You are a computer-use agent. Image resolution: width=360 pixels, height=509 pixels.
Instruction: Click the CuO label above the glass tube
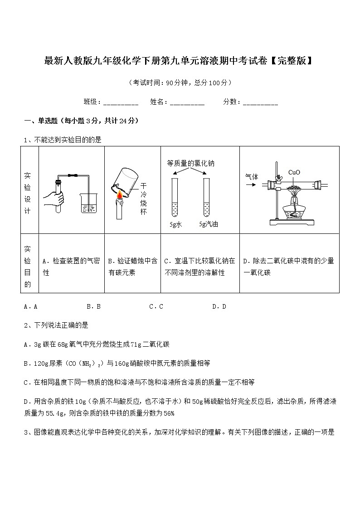294,172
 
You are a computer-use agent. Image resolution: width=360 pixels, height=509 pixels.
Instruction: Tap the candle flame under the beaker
120,195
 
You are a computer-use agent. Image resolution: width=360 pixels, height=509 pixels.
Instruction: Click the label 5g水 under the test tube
175,224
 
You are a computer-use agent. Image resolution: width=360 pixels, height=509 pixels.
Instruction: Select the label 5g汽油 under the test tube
208,224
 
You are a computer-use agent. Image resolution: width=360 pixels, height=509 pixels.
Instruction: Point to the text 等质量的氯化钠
190,163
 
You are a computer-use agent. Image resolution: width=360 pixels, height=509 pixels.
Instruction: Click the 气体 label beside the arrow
252,177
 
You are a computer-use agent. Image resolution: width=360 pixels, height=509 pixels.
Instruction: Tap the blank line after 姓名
187,102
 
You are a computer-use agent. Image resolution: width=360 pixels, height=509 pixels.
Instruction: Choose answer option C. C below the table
156,306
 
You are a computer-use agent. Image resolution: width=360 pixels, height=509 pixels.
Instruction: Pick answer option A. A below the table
30,306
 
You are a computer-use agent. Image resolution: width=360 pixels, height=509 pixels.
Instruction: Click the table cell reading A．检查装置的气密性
71,267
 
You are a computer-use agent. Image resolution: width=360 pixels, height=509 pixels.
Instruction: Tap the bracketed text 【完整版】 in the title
290,61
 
